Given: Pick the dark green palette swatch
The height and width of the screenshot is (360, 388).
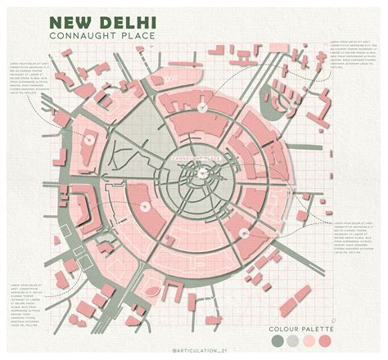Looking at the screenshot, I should click(x=277, y=340).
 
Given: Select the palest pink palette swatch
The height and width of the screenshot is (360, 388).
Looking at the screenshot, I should click(x=309, y=340).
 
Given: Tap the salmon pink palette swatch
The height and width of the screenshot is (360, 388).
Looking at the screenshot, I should click(x=324, y=340).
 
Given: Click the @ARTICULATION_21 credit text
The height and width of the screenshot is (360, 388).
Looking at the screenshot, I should click(x=196, y=350).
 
